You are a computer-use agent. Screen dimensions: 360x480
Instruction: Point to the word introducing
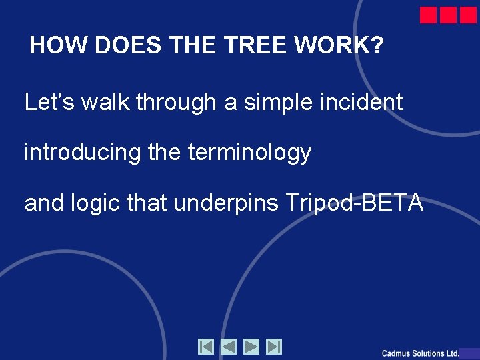83,153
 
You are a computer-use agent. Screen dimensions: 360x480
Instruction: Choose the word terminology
249,153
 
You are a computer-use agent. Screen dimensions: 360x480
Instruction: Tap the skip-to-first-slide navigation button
206,347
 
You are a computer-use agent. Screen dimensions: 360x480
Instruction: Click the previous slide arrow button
229,347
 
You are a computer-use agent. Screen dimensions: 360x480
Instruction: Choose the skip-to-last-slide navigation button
274,347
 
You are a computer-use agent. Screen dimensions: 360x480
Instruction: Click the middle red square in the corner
448,15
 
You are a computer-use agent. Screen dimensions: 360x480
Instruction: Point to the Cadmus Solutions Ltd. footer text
420,353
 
